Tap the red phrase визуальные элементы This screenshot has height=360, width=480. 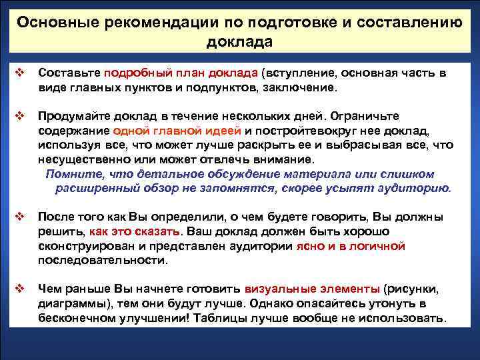(x=313, y=289)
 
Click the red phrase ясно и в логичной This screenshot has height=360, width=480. (x=350, y=246)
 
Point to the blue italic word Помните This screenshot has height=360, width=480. (x=69, y=174)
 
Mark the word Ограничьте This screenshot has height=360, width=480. (x=376, y=115)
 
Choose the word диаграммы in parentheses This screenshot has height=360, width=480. (x=67, y=304)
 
